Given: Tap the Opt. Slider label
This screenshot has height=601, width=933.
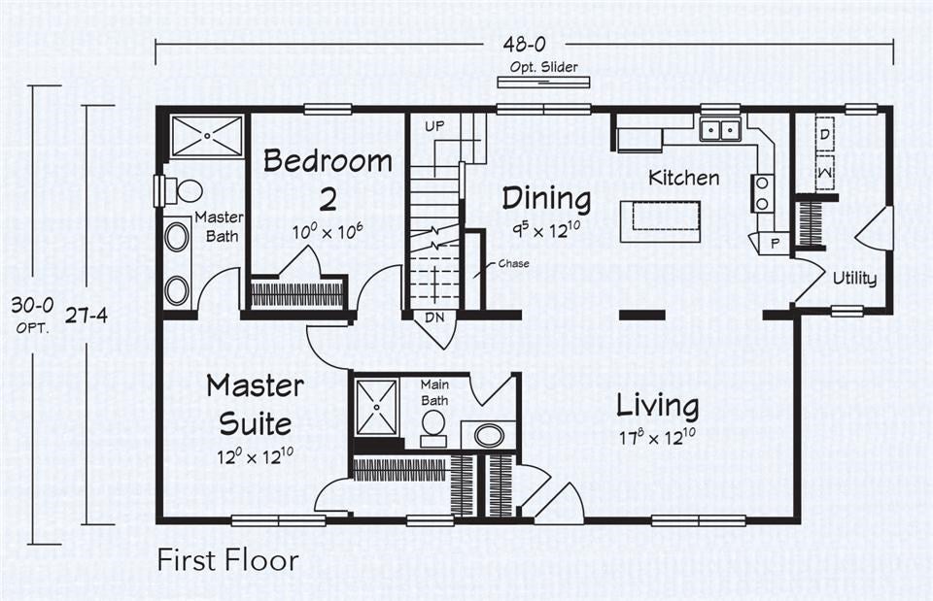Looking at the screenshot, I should coord(544,67).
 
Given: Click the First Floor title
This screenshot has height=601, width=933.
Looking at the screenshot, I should coord(228,560).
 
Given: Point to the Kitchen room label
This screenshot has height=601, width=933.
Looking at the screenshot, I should coord(684,178).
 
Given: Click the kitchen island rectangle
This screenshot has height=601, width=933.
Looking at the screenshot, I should coord(661,220).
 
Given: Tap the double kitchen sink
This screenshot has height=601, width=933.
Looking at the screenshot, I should coord(719,130).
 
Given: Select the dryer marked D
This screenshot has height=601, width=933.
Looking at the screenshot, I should coord(823,134).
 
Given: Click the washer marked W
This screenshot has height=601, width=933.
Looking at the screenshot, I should coord(823,172).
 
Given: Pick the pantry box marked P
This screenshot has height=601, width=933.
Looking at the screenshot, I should coord(774,243).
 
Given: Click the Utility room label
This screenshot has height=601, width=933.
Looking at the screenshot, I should coord(854,279).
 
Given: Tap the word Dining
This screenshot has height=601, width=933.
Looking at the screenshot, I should coord(545,199).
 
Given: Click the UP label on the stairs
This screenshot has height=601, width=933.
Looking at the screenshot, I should coord(434,127).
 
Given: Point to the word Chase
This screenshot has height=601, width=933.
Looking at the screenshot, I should coord(513,263).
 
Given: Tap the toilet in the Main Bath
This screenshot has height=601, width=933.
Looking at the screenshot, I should coord(433,424).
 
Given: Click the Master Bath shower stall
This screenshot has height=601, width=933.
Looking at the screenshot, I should coord(207,136).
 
